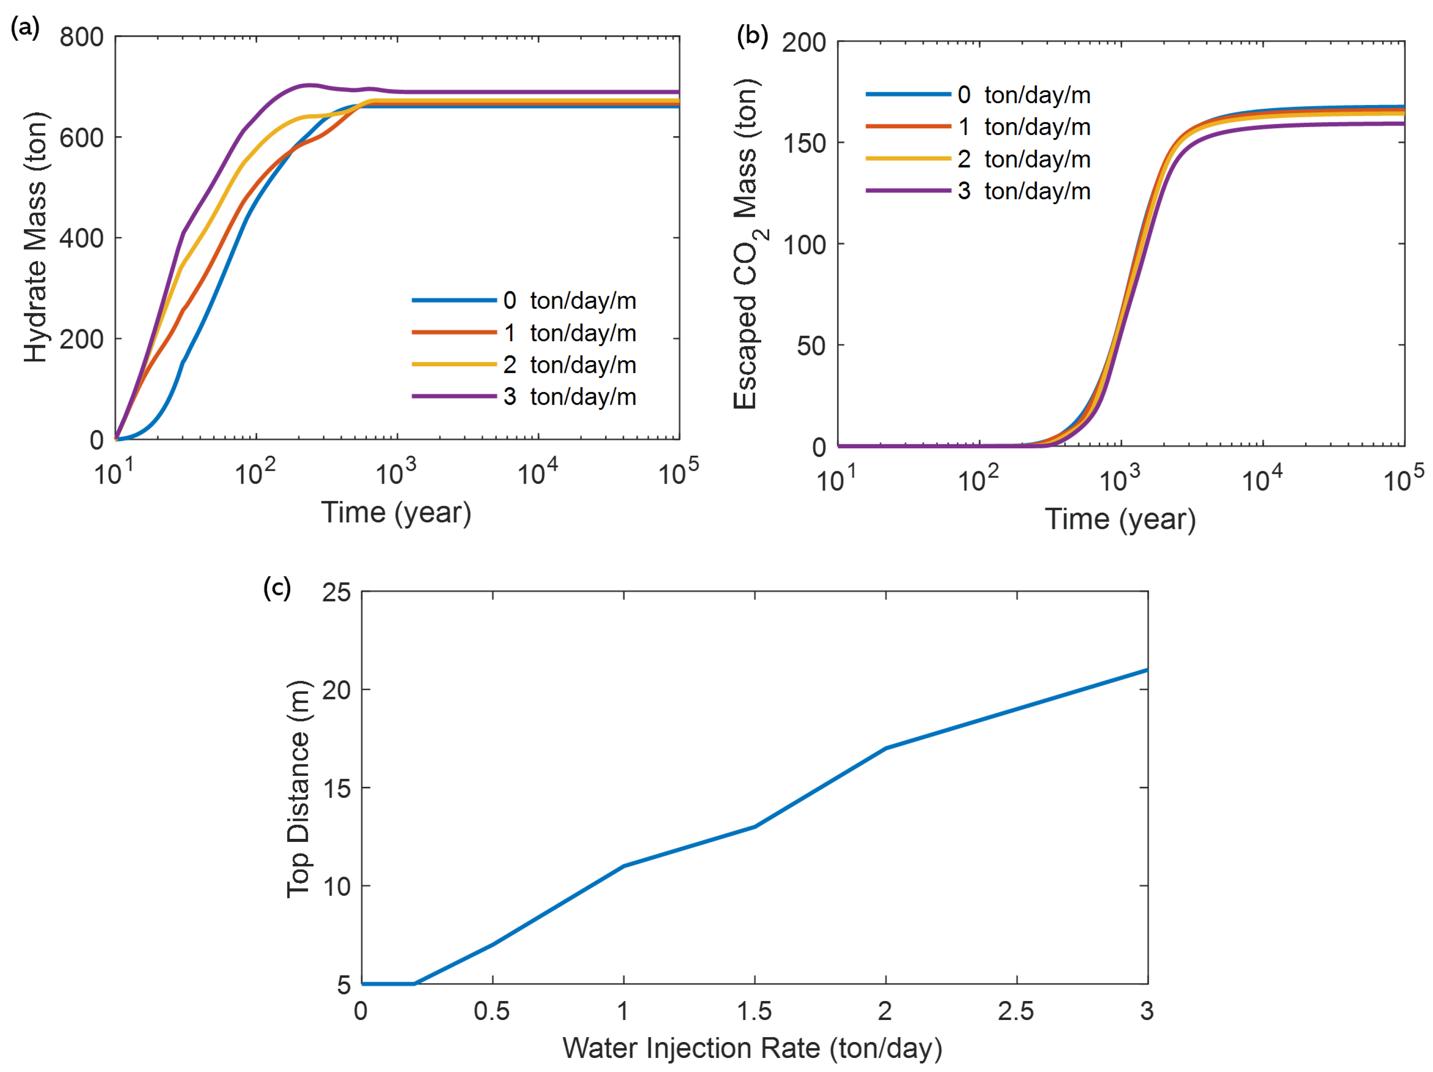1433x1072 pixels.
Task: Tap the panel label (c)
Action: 277,588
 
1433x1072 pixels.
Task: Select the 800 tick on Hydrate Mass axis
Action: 82,37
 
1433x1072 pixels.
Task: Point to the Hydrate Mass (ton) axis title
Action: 36,237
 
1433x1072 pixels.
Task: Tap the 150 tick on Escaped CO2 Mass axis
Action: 804,144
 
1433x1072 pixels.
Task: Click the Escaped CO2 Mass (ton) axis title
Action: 748,245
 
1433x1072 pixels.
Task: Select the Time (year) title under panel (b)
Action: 1120,520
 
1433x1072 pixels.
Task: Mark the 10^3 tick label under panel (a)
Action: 396,473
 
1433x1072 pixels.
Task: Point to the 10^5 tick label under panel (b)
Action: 1403,479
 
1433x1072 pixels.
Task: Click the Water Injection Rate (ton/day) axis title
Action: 752,1047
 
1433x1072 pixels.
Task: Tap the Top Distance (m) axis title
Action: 299,789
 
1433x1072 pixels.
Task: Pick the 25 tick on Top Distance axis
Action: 336,592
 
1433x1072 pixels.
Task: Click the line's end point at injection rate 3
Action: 1147,670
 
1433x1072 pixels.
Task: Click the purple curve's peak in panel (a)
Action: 310,85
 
